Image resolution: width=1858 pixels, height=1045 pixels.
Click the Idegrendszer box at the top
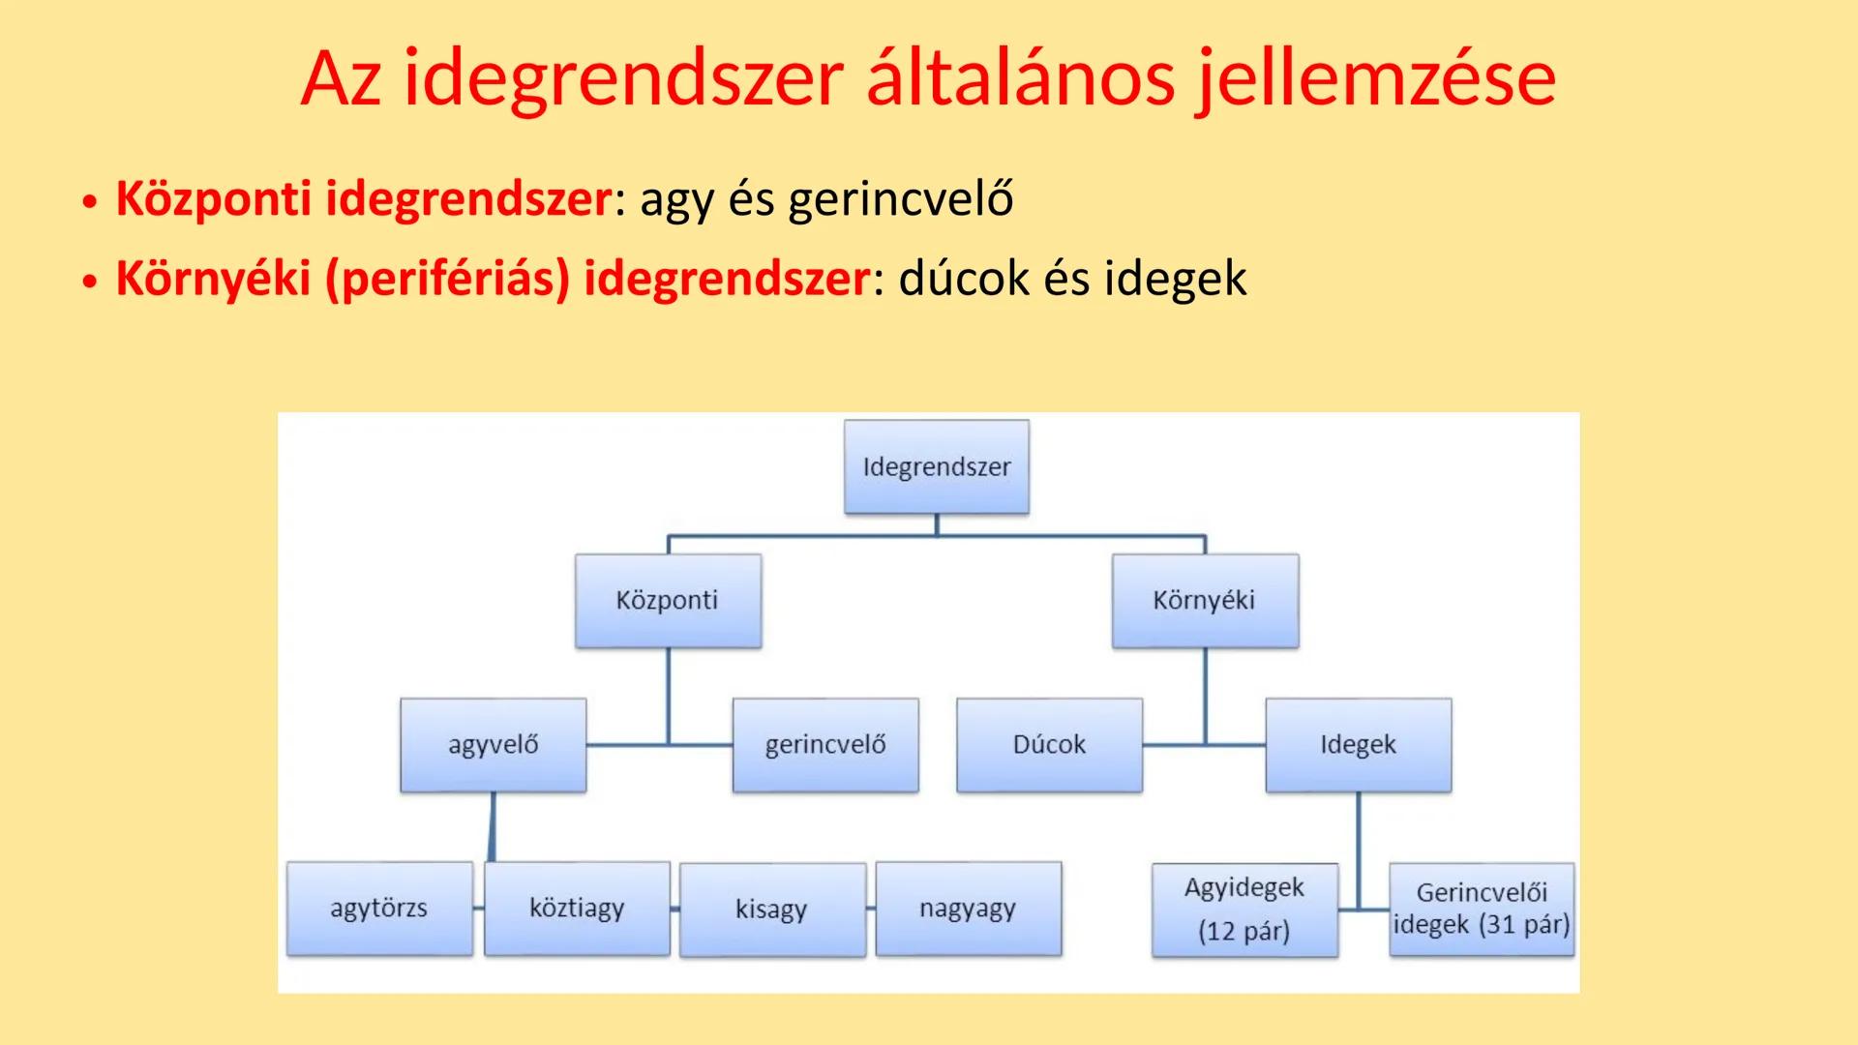pos(936,466)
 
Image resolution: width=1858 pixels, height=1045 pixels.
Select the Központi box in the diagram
pos(668,600)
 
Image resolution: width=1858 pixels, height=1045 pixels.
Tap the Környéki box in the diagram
pos(1205,600)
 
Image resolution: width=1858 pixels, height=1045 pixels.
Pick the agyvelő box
pos(493,744)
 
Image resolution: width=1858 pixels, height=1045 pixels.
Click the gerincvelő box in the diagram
pos(825,744)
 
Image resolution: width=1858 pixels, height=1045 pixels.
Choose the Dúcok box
pos(1049,744)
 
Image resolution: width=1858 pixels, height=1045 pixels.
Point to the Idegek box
pos(1358,744)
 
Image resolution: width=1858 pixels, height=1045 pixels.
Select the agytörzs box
pos(379,908)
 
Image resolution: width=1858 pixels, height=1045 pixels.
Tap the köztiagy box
pos(577,908)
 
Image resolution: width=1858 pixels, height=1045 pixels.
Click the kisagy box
pos(772,910)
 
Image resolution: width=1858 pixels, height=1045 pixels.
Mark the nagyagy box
pos(968,908)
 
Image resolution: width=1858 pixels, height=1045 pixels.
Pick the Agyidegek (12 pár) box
pos(1244,910)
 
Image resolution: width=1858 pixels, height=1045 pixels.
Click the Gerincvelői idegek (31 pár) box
pos(1481,910)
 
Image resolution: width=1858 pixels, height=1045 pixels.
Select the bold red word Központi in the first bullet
pos(213,199)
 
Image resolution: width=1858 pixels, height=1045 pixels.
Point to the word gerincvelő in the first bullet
pos(900,199)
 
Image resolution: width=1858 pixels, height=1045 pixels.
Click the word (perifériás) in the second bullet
pos(447,279)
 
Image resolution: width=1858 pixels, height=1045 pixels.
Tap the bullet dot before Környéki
pos(90,282)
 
